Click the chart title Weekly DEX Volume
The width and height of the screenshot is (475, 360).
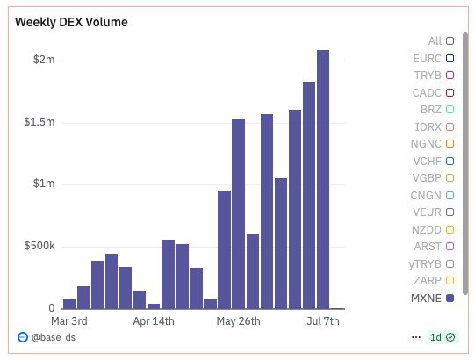coord(71,22)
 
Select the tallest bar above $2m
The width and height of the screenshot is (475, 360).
coord(323,179)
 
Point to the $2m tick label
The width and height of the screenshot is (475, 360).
coord(45,60)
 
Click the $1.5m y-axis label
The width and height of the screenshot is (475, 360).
coord(40,122)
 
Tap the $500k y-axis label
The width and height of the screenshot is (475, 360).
coord(40,247)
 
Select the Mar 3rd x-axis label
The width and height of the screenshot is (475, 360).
coord(69,321)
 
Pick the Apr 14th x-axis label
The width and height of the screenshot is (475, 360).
coord(154,321)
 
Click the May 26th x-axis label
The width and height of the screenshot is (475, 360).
coord(239,321)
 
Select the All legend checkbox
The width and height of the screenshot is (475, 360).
coord(450,40)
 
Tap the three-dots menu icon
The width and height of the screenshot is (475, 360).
coord(416,337)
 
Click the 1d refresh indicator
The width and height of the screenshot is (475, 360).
coord(442,337)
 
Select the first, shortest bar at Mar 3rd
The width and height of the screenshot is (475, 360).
coord(69,304)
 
